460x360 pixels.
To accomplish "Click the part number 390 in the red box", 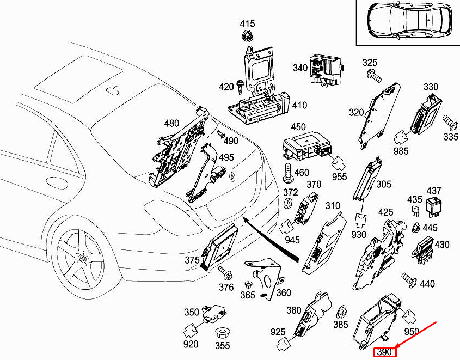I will pyautogui.click(x=384, y=352).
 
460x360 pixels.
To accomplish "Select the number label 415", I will pyautogui.click(x=248, y=24).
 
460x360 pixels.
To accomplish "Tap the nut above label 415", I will pyautogui.click(x=248, y=36).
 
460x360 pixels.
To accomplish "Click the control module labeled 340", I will pyautogui.click(x=325, y=69).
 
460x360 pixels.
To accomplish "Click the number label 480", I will pyautogui.click(x=171, y=123).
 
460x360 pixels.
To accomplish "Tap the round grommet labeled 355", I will pyautogui.click(x=222, y=332).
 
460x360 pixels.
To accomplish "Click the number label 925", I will pyautogui.click(x=278, y=332).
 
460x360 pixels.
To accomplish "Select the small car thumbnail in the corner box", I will pyautogui.click(x=407, y=21).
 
